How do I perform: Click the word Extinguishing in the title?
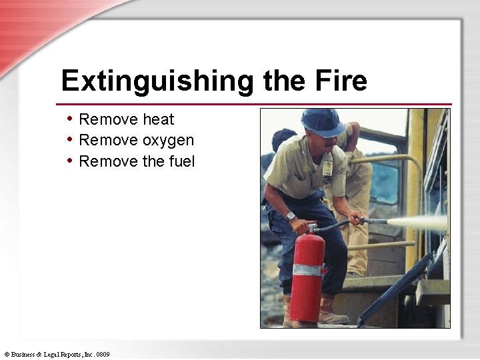(x=157, y=82)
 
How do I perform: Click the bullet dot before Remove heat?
(x=70, y=119)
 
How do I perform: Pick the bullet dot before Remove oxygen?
(x=70, y=140)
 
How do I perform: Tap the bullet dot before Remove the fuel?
(x=70, y=161)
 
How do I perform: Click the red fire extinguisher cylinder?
(x=307, y=280)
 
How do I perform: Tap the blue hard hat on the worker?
(x=323, y=121)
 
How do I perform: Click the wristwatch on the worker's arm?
(x=291, y=216)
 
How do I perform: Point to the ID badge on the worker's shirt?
(x=327, y=166)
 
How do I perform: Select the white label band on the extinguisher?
(x=307, y=270)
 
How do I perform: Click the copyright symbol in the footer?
(x=7, y=354)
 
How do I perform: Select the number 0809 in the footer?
(x=103, y=354)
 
